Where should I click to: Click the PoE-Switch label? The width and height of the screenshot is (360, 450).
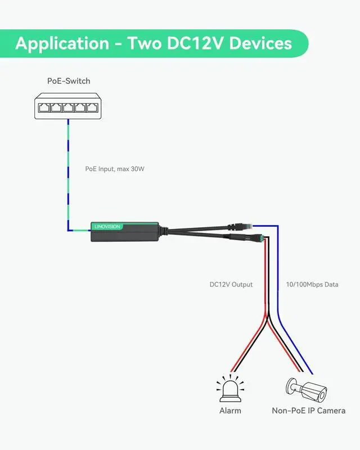click(69, 81)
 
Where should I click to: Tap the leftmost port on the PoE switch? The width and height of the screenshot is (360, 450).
click(43, 106)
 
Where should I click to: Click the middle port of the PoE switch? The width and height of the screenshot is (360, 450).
click(68, 106)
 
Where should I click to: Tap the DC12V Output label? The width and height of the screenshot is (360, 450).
click(231, 285)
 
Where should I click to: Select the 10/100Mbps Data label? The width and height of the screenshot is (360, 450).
click(312, 285)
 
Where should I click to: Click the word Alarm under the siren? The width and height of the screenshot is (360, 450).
click(230, 411)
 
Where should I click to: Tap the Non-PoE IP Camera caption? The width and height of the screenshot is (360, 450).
click(308, 411)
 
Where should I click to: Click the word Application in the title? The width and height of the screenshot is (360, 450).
click(62, 43)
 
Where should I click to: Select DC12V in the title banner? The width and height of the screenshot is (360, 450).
click(195, 43)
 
